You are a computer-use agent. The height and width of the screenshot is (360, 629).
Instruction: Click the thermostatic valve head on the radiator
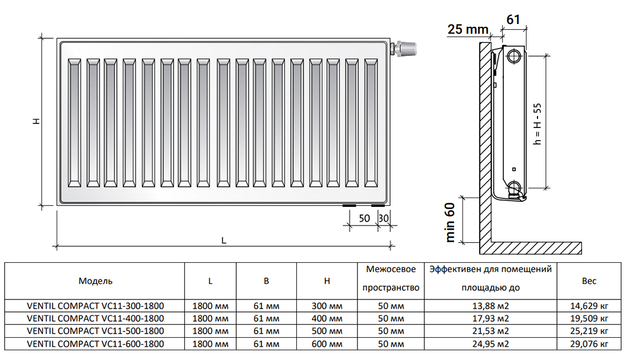click(406, 48)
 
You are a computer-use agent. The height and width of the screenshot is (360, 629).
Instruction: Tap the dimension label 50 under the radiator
click(364, 218)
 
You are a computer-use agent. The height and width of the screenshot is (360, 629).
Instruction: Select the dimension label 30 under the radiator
click(384, 218)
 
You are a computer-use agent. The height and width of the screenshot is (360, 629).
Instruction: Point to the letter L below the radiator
click(224, 241)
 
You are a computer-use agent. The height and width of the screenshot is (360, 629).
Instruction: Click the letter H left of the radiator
click(37, 121)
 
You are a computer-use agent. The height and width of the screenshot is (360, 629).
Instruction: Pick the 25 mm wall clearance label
click(468, 29)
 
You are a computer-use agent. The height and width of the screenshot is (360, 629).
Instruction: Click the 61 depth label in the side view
click(513, 19)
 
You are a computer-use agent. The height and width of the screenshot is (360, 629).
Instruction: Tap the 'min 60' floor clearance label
click(450, 222)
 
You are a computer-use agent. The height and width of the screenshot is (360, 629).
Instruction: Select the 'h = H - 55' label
click(537, 124)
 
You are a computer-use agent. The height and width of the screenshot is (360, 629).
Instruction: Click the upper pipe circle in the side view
click(513, 56)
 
